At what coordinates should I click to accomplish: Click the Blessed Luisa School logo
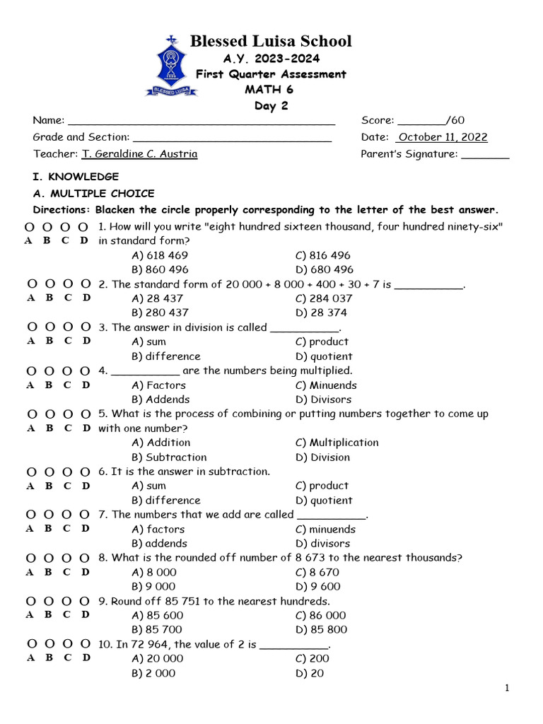coord(165,66)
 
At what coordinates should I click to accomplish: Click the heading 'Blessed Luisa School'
coord(271,41)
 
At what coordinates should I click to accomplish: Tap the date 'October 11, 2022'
coord(443,137)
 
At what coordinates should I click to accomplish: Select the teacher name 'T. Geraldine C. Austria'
coord(140,154)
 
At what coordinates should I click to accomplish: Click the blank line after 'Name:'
coord(201,121)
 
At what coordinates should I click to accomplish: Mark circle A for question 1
coord(29,227)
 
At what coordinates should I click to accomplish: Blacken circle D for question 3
coord(86,327)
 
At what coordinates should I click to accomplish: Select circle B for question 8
coord(48,558)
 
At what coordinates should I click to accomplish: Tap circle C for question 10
coord(68,644)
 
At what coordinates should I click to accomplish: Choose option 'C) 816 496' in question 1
coord(323,255)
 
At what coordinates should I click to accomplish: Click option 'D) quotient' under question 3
coord(324,356)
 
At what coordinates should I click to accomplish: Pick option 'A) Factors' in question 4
coord(159,385)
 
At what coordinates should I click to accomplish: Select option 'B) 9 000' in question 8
coord(154,586)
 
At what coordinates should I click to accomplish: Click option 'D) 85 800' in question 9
coord(322,629)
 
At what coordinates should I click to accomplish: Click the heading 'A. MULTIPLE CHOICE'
coord(93,193)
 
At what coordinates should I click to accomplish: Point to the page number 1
coord(507,689)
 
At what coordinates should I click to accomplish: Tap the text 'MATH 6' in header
coord(269,90)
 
